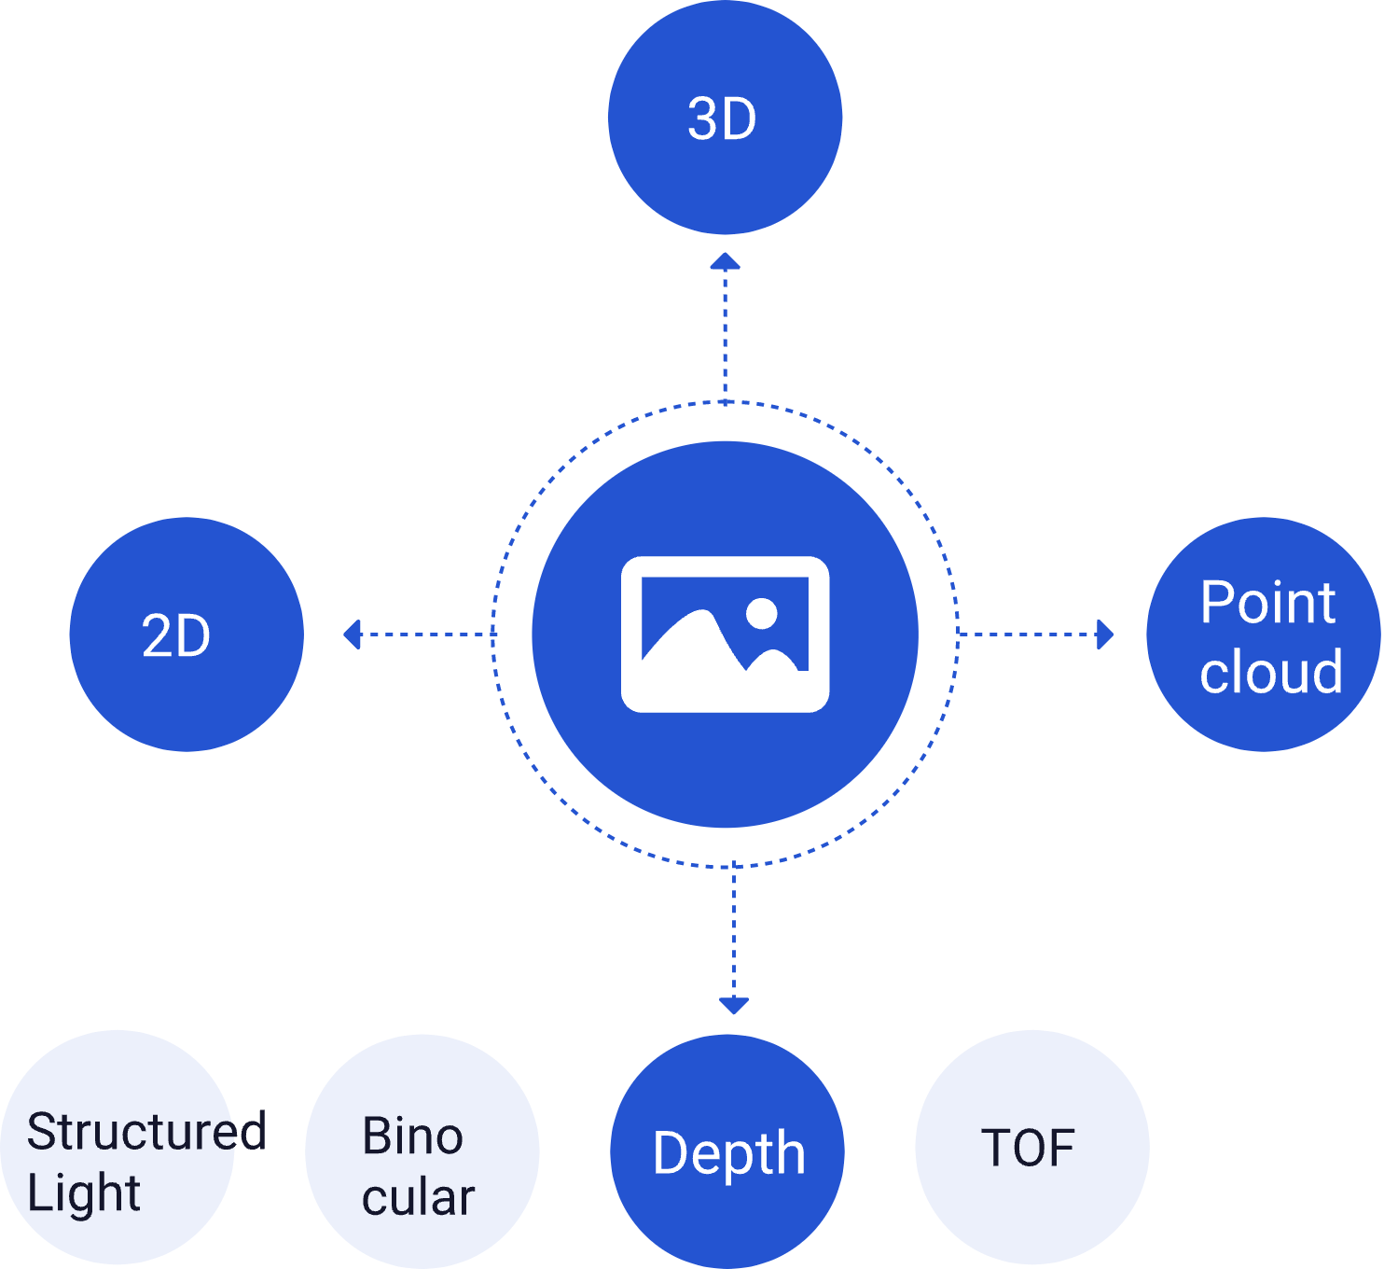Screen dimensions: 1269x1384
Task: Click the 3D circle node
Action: click(725, 118)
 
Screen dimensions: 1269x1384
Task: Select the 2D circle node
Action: click(187, 634)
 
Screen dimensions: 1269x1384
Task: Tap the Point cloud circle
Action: click(1263, 634)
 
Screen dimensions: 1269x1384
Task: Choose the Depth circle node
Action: click(727, 1151)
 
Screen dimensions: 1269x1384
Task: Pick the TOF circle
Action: click(1031, 1148)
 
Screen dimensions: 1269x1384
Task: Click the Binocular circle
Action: click(422, 1151)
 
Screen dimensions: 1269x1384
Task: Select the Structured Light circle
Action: click(118, 1148)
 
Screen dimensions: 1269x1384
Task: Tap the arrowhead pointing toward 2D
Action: click(352, 634)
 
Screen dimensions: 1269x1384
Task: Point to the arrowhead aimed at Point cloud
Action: click(1105, 634)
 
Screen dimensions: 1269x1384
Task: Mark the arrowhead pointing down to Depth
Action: click(734, 1005)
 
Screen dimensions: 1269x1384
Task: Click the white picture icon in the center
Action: click(725, 634)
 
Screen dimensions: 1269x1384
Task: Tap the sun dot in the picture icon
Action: click(762, 613)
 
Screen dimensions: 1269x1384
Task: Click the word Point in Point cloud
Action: click(1267, 603)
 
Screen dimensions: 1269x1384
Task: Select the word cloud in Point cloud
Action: click(1271, 672)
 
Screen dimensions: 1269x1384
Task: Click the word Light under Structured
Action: click(84, 1193)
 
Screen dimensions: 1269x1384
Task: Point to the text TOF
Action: click(1028, 1148)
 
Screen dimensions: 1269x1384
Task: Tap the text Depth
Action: click(728, 1154)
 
